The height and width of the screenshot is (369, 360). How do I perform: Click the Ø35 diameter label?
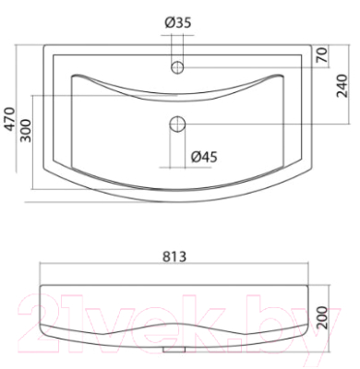pyautogui.click(x=178, y=22)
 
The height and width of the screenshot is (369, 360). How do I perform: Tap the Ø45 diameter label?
pyautogui.click(x=204, y=157)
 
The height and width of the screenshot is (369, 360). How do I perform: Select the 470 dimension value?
pyautogui.click(x=9, y=119)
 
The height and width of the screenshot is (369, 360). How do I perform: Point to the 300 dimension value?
pyautogui.click(x=26, y=130)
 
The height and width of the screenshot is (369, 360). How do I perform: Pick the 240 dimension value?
pyautogui.click(x=342, y=86)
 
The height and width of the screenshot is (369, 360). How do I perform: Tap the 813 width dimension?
pyautogui.click(x=174, y=256)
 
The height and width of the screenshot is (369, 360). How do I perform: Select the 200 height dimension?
pyautogui.click(x=322, y=318)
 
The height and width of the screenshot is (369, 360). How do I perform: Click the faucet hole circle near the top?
pyautogui.click(x=177, y=67)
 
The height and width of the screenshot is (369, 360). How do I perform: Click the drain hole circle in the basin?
pyautogui.click(x=177, y=124)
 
